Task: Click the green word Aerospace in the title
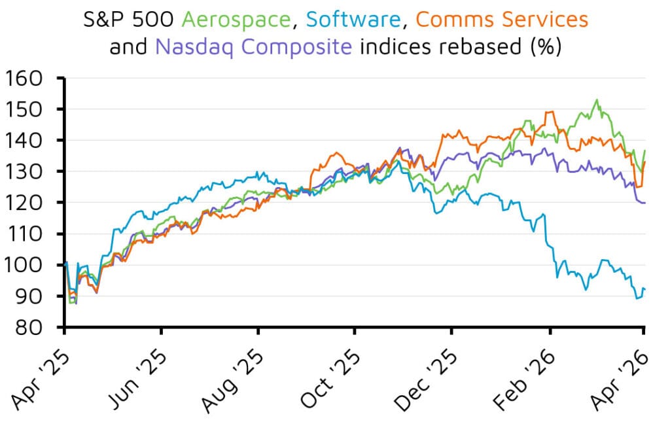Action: click(236, 20)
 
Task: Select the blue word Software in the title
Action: click(353, 20)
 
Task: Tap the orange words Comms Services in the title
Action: click(502, 20)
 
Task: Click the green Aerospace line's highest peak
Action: click(596, 100)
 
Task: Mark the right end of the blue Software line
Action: click(645, 289)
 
